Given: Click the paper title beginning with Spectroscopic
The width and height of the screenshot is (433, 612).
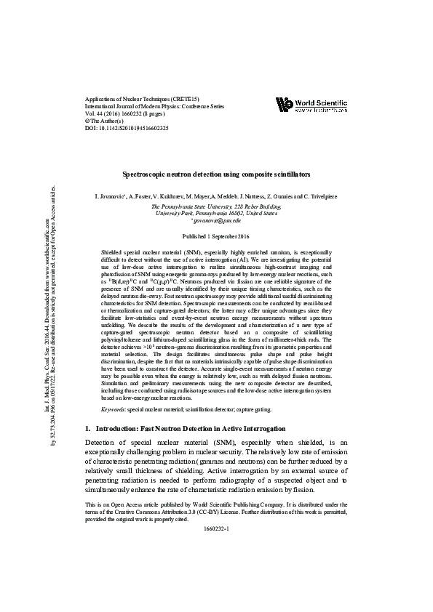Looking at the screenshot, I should point(216,175).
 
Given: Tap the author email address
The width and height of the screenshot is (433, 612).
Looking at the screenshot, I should point(215,220).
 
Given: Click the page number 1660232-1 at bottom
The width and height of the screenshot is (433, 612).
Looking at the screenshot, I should point(216,528).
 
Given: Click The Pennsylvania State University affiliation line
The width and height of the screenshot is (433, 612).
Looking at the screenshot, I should point(215,206).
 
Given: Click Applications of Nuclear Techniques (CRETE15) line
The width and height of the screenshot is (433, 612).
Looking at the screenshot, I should point(141,99).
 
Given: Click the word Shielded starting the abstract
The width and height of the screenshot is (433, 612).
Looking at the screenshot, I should point(113,251).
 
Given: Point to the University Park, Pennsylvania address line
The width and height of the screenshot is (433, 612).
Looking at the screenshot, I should point(215,214).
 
